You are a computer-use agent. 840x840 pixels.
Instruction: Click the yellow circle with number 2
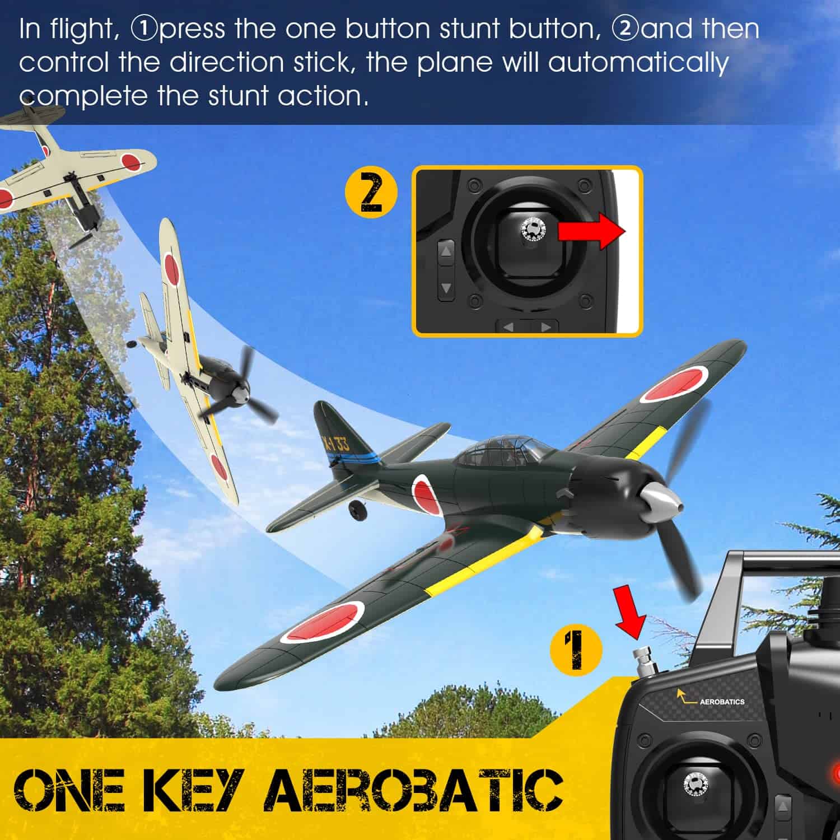pos(371,193)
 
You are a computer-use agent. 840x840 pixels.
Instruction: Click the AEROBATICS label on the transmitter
pos(722,701)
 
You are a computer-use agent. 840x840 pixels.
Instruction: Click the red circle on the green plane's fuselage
pos(424,493)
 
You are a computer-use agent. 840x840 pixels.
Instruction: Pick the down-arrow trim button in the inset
pos(446,288)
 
